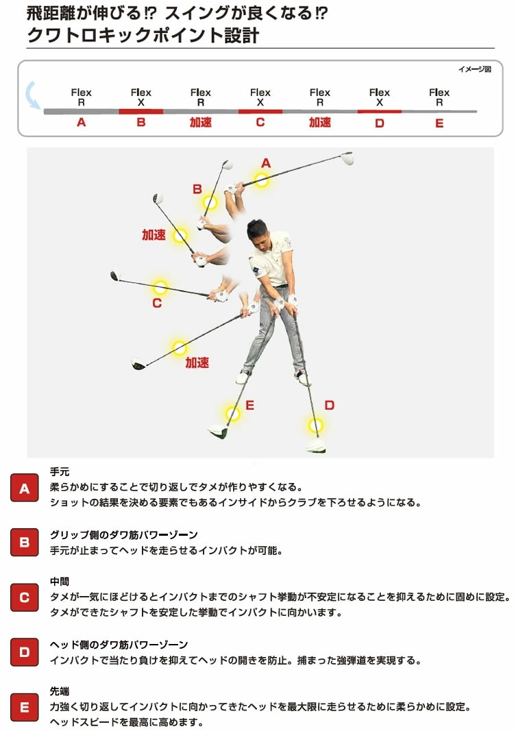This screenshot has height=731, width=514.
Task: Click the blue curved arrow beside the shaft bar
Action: pos(32,95)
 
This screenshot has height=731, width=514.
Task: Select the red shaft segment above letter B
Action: pos(140,111)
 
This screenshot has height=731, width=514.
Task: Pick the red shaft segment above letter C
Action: pos(260,111)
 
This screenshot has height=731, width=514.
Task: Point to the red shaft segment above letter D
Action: pos(379,111)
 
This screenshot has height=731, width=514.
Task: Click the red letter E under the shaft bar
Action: pos(439,123)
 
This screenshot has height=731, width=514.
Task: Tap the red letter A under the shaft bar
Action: pos(82,123)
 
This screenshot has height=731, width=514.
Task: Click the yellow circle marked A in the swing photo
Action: pos(261,180)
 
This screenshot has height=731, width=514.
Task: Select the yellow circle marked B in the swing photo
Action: pos(210,203)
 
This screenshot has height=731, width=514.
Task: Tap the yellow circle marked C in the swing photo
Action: pos(160,287)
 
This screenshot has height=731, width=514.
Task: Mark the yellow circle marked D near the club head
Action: pos(315,425)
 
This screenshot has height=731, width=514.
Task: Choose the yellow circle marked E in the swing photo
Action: pos(233,414)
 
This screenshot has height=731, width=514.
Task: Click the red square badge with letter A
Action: pos(25,488)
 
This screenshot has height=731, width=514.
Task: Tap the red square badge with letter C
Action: pos(25,597)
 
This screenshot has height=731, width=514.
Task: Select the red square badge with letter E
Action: pos(25,707)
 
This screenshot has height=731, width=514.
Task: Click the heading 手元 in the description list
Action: pos(60,472)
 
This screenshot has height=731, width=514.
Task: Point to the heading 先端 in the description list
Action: pos(60,691)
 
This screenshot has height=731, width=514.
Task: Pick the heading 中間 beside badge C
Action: pos(60,582)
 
